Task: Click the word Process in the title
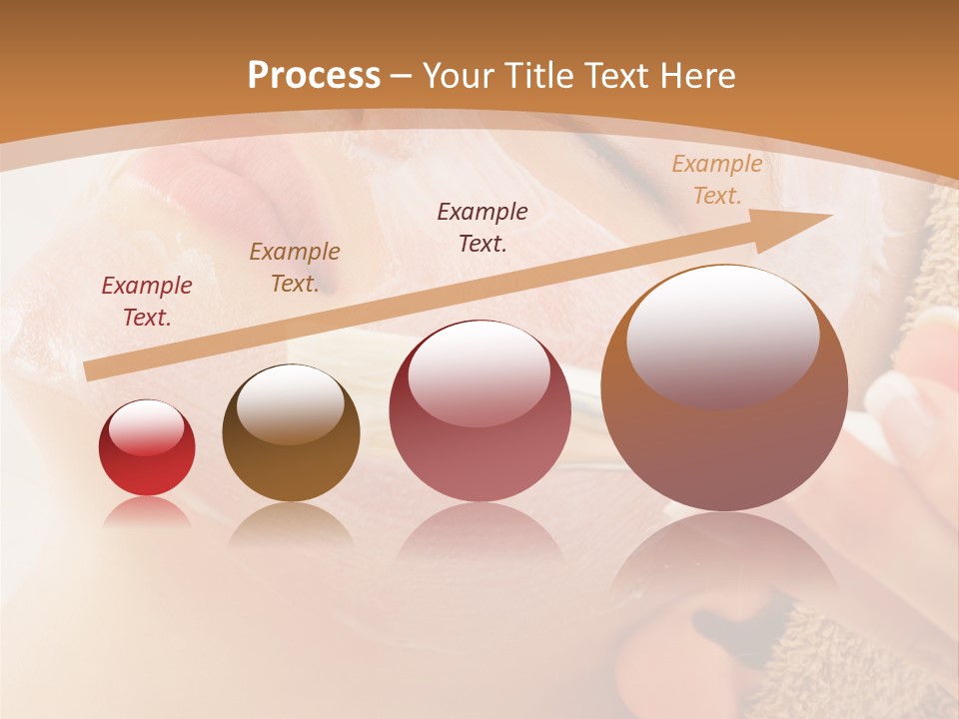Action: click(314, 76)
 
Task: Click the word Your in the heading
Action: click(460, 76)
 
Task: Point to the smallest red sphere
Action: click(147, 447)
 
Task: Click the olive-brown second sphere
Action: click(291, 433)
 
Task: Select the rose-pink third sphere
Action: click(479, 411)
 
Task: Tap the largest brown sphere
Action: click(724, 387)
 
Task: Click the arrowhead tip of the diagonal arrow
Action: click(828, 215)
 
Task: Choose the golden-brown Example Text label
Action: click(295, 268)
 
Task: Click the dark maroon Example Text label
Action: click(482, 228)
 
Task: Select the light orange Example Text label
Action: click(716, 180)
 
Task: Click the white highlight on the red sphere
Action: click(147, 427)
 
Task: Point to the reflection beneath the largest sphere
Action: click(724, 559)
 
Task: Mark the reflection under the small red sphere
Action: click(147, 512)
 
